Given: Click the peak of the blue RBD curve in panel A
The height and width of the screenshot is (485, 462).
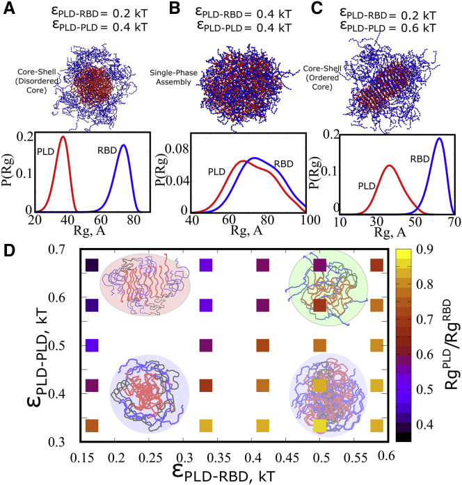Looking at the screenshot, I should [x=124, y=145].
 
